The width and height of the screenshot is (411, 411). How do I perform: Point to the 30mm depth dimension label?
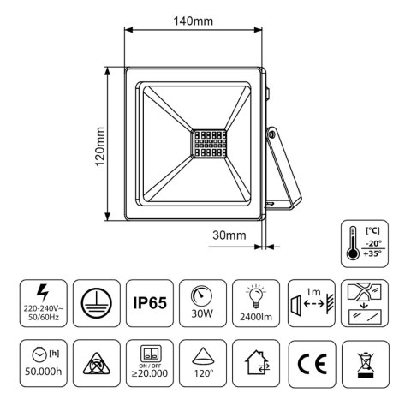tap(229, 235)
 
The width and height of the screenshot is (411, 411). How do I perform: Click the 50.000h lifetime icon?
tap(42, 362)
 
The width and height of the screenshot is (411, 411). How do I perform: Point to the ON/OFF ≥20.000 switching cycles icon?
tap(149, 362)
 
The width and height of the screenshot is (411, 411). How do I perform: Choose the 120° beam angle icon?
tap(204, 362)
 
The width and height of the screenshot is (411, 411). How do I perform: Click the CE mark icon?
tap(310, 362)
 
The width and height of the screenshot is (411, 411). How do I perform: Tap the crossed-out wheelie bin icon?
tap(363, 362)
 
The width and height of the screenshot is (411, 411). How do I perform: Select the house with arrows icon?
tap(257, 362)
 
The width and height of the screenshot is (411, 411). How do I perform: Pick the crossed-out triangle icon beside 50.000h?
tap(96, 362)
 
